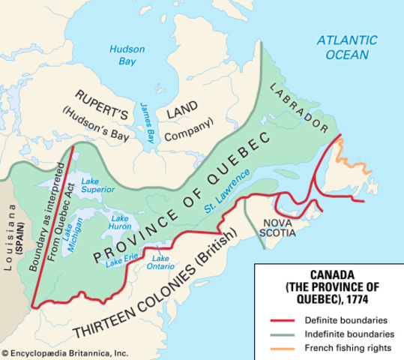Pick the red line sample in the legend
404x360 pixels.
[283, 321]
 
